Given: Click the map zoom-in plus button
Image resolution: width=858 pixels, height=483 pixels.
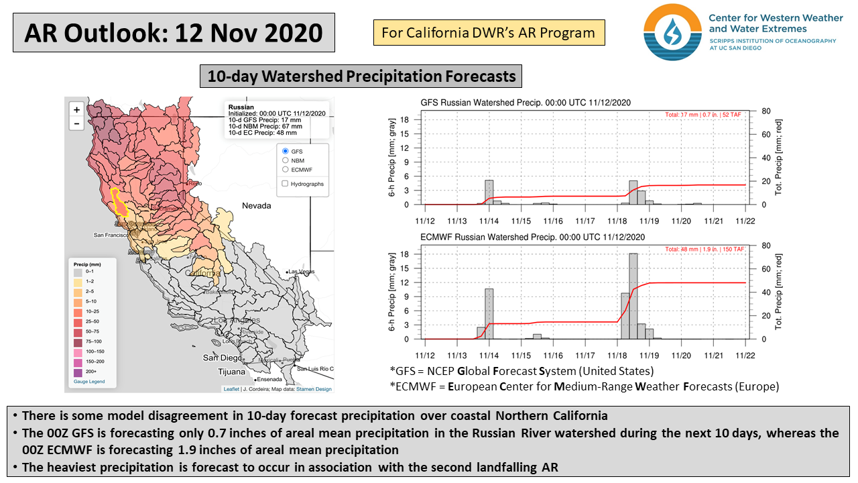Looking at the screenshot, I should [x=76, y=109].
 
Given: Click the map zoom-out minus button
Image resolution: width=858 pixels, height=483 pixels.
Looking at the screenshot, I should [x=76, y=123].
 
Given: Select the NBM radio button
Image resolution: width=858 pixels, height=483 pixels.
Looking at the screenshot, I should [x=286, y=160].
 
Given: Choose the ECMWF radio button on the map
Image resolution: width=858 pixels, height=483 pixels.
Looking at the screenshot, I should [x=286, y=170].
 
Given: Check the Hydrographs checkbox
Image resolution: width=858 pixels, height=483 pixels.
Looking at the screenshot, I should [x=286, y=183].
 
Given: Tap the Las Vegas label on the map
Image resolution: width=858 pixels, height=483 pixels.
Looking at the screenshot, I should [x=302, y=271].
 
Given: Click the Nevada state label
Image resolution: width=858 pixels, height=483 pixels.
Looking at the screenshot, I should [x=256, y=205].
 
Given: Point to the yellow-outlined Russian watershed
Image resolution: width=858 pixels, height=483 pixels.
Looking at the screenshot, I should [x=120, y=202].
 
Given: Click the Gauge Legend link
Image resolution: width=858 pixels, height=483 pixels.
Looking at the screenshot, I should [x=89, y=382].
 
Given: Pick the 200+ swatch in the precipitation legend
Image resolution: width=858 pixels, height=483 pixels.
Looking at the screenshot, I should [x=78, y=372].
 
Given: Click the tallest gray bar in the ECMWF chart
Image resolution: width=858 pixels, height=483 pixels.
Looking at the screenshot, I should [x=633, y=296].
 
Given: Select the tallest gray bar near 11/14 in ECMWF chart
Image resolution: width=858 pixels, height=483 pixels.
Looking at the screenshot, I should [x=489, y=313].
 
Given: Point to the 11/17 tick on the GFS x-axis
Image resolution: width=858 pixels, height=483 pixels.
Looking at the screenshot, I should [x=585, y=220].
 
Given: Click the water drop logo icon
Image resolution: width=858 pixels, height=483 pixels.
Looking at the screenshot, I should [x=672, y=32].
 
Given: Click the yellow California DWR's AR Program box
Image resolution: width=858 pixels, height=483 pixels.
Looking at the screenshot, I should [x=489, y=32].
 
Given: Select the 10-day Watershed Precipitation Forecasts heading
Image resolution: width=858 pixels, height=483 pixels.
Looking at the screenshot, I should [x=361, y=76].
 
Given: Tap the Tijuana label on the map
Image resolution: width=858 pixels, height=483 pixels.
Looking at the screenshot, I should [x=232, y=371].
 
